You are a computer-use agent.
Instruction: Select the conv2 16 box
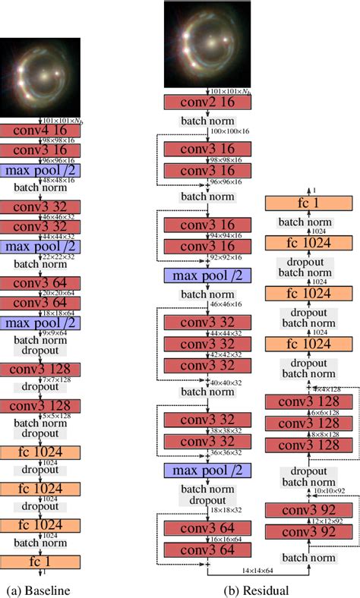tap(206, 102)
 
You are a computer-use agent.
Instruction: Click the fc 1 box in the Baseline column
tap(40, 562)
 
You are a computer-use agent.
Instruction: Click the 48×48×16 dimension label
tap(59, 179)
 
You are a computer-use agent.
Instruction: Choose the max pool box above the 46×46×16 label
tap(206, 275)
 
